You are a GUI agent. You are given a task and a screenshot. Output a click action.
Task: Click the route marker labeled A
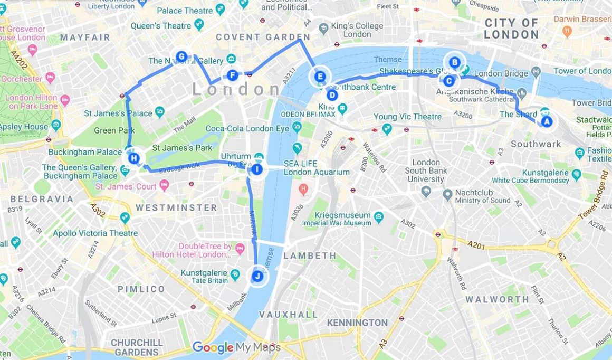[546, 122]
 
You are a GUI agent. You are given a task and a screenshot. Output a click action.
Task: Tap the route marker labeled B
[454, 62]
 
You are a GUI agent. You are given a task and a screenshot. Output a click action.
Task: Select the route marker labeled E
[319, 77]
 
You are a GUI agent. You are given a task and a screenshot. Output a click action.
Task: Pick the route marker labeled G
[181, 56]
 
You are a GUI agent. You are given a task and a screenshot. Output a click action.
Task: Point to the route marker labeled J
[257, 276]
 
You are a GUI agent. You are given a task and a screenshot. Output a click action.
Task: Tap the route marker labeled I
[256, 169]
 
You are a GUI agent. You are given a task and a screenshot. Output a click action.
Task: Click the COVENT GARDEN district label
[255, 37]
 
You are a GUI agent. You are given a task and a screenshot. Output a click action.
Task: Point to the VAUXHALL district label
[288, 315]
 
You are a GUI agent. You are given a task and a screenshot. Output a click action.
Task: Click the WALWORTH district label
[496, 299]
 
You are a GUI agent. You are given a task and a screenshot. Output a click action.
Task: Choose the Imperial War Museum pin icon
[378, 216]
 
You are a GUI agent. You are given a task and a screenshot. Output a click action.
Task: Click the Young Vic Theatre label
[407, 117]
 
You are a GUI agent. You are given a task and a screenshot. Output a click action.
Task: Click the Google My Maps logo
[236, 347]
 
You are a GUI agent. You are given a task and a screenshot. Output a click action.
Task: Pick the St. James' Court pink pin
[164, 185]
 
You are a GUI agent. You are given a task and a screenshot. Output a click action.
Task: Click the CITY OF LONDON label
[511, 29]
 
